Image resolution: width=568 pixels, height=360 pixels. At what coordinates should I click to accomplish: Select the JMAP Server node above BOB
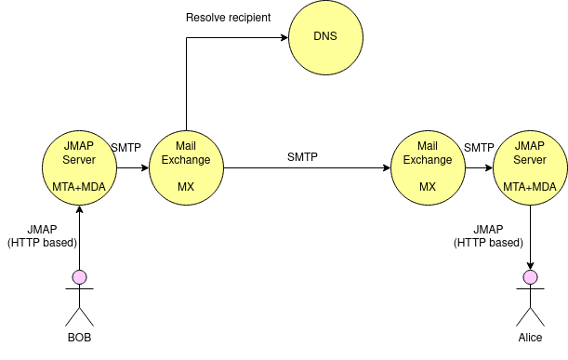pyautogui.click(x=79, y=168)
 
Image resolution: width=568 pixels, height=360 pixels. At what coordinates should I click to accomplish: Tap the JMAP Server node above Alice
pyautogui.click(x=530, y=168)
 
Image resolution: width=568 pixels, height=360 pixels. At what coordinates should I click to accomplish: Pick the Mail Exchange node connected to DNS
pyautogui.click(x=186, y=168)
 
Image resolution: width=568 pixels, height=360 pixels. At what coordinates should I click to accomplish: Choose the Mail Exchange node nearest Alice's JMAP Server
pyautogui.click(x=428, y=168)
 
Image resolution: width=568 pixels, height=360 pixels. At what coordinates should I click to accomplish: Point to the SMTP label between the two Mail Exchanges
pyautogui.click(x=302, y=157)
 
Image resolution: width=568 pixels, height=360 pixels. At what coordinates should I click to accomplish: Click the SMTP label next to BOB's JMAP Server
pyautogui.click(x=126, y=148)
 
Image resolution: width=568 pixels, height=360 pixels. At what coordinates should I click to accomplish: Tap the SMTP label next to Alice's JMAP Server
pyautogui.click(x=479, y=148)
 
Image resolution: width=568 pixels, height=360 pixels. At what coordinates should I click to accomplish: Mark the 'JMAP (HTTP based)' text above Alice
pyautogui.click(x=488, y=236)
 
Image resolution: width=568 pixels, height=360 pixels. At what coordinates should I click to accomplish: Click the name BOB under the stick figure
pyautogui.click(x=79, y=338)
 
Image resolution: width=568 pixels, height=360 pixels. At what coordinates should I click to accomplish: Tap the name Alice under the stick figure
pyautogui.click(x=530, y=338)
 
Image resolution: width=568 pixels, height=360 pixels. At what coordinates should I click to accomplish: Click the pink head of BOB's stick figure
pyautogui.click(x=79, y=276)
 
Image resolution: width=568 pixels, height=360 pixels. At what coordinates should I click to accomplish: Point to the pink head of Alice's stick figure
pyautogui.click(x=530, y=276)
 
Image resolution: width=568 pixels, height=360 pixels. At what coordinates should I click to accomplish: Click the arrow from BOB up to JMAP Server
pyautogui.click(x=79, y=237)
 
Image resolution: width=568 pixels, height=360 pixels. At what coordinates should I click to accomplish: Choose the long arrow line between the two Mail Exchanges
pyautogui.click(x=307, y=168)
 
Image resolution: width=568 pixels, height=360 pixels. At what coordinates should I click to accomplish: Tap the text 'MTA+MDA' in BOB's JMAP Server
pyautogui.click(x=79, y=187)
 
